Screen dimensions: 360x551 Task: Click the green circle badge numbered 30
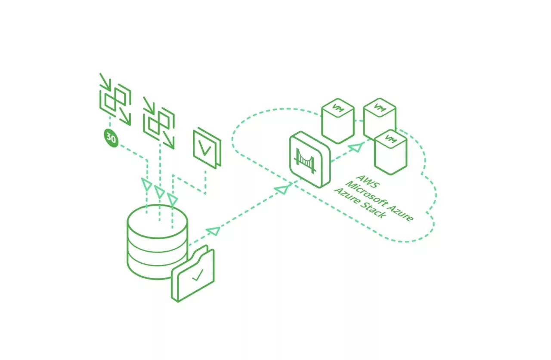tap(111, 138)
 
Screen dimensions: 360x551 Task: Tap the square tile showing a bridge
tap(310, 159)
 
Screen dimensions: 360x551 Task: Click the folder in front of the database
tap(193, 275)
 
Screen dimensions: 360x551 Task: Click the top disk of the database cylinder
tap(158, 222)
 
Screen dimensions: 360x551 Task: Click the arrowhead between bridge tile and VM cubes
tap(354, 148)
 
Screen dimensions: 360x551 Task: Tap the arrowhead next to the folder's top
tap(213, 231)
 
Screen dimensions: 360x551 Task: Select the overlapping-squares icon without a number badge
tap(159, 123)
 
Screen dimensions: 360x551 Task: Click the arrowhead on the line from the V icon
tap(172, 199)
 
